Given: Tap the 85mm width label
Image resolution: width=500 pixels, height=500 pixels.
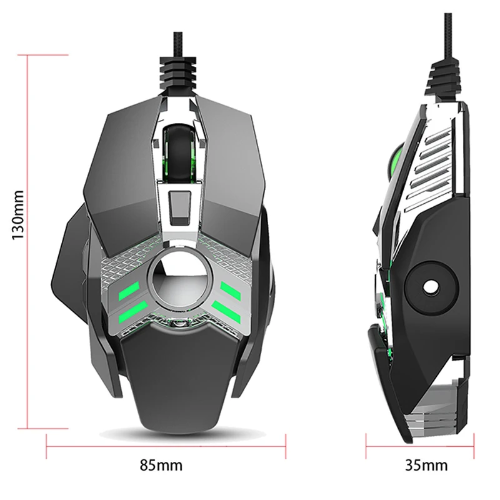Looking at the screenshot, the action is point(161,465).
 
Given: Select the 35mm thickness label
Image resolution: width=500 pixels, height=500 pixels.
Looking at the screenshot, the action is point(426,465).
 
